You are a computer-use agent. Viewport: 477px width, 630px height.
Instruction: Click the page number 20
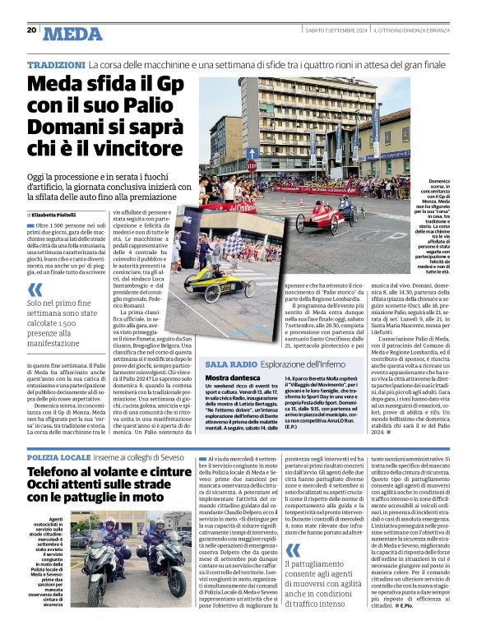coord(31,30)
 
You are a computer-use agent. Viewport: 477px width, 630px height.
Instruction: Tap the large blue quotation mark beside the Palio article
coord(35,290)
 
